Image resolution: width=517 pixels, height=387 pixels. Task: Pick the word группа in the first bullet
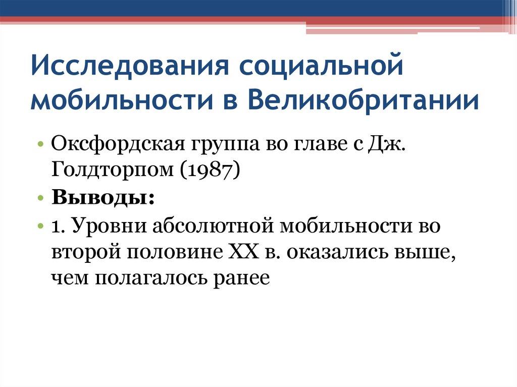(x=217, y=147)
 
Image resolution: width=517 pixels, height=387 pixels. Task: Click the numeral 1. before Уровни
(x=58, y=225)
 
